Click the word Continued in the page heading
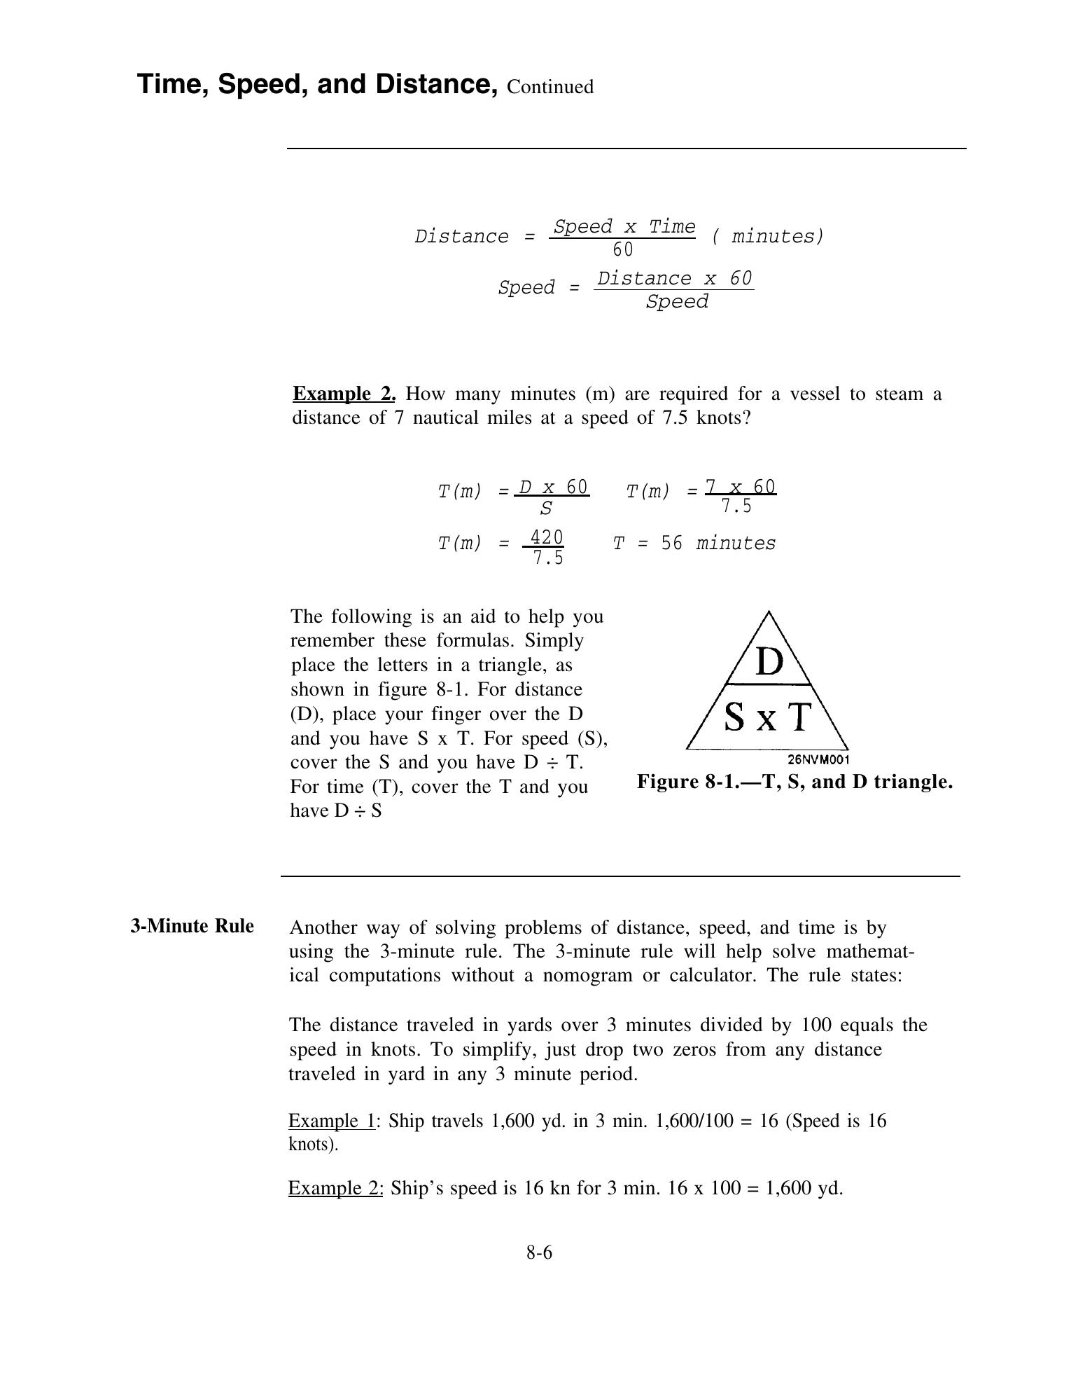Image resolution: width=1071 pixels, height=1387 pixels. point(550,87)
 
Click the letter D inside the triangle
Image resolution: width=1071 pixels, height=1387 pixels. point(769,661)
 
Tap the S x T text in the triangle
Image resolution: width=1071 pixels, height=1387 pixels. point(767,717)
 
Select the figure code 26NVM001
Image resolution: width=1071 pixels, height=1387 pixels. point(818,759)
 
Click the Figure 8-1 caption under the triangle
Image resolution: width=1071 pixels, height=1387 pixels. point(794,782)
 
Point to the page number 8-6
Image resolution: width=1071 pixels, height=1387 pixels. point(539,1252)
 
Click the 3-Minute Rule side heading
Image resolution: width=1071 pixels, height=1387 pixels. point(192,926)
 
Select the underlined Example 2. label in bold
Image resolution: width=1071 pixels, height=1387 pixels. point(344,394)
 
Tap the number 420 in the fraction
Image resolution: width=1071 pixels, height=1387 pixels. point(546,537)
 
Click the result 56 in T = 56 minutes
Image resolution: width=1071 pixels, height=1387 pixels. point(671,544)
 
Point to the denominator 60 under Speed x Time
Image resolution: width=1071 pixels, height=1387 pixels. point(622,249)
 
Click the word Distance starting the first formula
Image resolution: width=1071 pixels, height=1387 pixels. point(461,237)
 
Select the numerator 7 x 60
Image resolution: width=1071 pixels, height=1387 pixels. point(740,486)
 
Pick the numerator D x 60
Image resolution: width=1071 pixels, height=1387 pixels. point(552,486)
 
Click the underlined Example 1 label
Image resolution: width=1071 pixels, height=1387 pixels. point(332,1121)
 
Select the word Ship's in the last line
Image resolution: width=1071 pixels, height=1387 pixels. point(416,1188)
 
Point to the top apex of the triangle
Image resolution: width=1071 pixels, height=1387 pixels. point(769,612)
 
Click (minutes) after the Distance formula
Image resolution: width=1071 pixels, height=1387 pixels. point(768,237)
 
